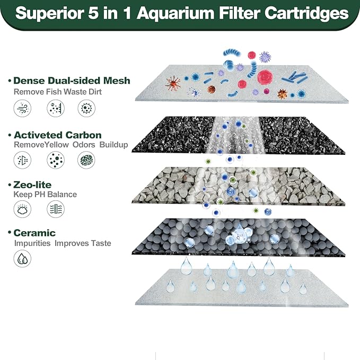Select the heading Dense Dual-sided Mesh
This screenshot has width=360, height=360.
[72, 81]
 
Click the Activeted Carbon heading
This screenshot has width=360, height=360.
[57, 135]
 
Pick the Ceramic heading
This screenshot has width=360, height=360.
[34, 233]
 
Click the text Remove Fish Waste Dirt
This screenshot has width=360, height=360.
[57, 91]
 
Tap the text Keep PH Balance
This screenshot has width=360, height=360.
[45, 195]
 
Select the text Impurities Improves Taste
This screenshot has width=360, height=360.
[63, 243]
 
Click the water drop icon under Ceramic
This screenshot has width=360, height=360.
[22, 258]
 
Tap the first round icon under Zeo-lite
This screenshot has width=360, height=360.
[22, 209]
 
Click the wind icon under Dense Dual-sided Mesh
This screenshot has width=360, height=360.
[22, 109]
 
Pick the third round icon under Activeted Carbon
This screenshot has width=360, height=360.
[86, 160]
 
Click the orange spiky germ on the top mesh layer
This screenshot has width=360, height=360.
[173, 83]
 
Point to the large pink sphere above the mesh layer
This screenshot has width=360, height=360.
[265, 77]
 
